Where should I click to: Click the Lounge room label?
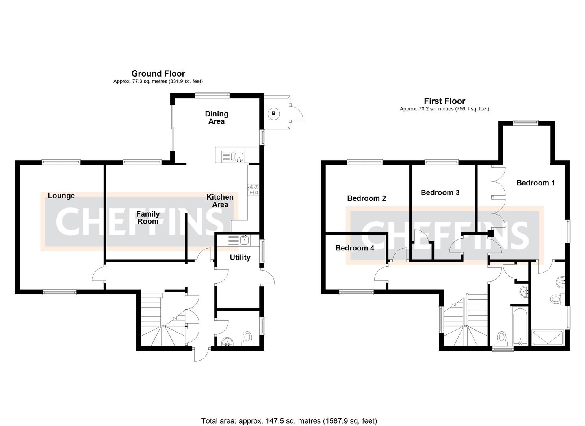coord(61,196)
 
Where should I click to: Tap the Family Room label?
coord(148,218)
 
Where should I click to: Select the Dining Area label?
coord(216,118)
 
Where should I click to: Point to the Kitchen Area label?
coord(220,201)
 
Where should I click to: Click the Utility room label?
coord(240,258)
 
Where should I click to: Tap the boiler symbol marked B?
coord(273,114)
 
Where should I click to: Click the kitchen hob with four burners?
coord(253,190)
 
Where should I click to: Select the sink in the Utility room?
coord(238,240)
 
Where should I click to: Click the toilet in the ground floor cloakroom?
coord(247,338)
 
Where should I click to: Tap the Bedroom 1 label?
coord(535,183)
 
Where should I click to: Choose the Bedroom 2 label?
coord(366,198)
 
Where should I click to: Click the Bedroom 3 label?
coord(440,193)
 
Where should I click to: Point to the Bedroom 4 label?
coord(355,248)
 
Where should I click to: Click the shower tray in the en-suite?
coord(548,338)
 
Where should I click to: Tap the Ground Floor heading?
coord(158,73)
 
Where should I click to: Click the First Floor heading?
coord(444,101)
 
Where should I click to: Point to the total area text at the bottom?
coord(289,421)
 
